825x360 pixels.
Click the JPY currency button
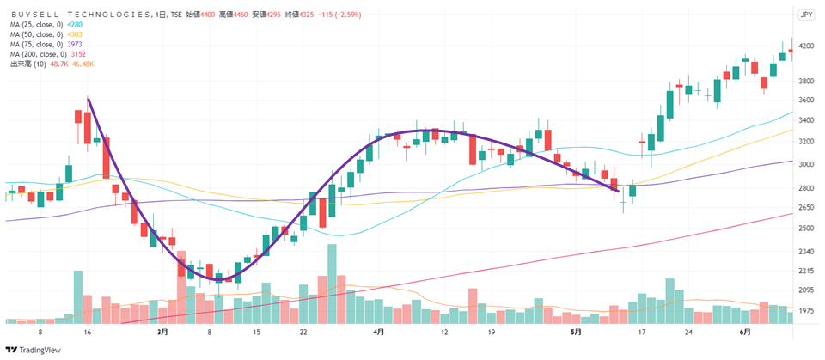click(x=806, y=15)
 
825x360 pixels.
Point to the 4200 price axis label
click(x=806, y=46)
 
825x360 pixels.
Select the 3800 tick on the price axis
click(x=806, y=82)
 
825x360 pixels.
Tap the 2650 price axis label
click(x=806, y=207)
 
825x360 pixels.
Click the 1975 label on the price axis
click(x=806, y=310)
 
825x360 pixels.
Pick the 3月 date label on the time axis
click(x=162, y=331)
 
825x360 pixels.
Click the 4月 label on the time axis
click(x=379, y=331)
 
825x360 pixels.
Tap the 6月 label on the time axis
click(x=745, y=331)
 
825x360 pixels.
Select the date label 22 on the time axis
click(x=303, y=331)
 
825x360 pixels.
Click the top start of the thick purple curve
click(x=89, y=99)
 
